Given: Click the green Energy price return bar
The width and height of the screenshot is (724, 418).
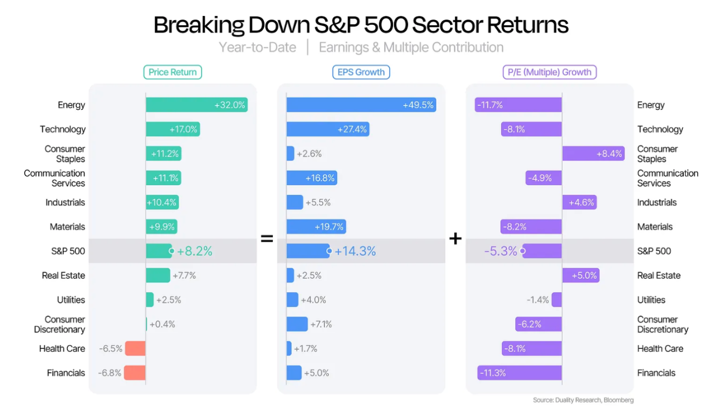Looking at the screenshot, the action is (x=197, y=105).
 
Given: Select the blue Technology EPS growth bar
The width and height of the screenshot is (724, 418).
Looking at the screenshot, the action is (x=328, y=129).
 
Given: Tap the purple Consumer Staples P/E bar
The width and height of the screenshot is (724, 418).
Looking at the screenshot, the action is (x=594, y=154).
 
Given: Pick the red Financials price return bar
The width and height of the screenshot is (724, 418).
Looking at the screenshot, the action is (x=135, y=373).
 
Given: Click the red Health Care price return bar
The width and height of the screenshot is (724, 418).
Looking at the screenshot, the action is (x=136, y=348).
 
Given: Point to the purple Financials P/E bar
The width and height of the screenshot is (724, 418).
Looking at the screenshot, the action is (x=519, y=373).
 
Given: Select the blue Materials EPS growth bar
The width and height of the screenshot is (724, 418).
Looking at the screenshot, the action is (x=316, y=227).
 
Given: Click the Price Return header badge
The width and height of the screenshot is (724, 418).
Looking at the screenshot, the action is (x=173, y=72).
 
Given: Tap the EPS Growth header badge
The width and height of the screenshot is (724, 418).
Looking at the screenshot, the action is (x=361, y=72).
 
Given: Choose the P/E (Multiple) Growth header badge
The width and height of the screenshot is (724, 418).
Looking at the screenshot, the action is (x=550, y=72).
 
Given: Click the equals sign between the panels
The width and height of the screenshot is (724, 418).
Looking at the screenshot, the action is (x=267, y=239).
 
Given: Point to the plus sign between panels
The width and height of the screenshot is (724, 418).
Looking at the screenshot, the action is (x=455, y=239).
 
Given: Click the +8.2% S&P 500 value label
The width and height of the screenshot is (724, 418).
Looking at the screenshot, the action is (x=194, y=251).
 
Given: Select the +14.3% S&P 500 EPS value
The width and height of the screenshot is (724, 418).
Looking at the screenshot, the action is (x=355, y=251).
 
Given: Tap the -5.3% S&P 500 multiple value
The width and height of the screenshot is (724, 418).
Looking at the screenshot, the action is (x=501, y=251).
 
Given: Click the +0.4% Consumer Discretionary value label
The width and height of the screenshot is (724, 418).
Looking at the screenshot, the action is (x=162, y=324).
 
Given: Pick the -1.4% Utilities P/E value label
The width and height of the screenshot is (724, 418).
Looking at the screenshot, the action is (x=538, y=300).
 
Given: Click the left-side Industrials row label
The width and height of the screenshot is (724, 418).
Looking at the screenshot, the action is (x=65, y=202).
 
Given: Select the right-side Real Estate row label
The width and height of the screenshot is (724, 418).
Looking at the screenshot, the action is (x=659, y=276).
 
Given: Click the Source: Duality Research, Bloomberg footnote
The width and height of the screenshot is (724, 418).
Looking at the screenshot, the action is (x=583, y=400).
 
